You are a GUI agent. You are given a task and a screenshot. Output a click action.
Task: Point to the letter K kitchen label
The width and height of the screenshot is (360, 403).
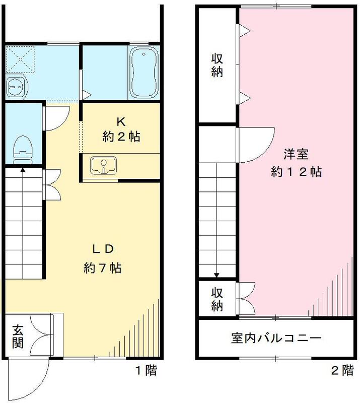(x=120, y=121)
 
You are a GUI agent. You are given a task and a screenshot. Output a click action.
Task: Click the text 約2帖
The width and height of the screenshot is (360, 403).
(x=121, y=137)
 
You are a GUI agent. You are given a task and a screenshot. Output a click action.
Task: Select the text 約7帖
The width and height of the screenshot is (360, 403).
(x=103, y=267)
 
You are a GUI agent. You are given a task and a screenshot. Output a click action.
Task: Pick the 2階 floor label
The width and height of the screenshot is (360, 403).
(x=342, y=372)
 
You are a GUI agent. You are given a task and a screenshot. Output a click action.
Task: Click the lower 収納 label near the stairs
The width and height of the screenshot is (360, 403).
(x=217, y=298)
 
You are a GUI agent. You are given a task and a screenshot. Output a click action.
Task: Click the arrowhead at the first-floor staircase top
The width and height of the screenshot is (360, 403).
(x=23, y=169)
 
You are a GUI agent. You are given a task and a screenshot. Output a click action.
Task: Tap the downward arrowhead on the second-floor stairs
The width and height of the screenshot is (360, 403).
(x=217, y=275)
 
